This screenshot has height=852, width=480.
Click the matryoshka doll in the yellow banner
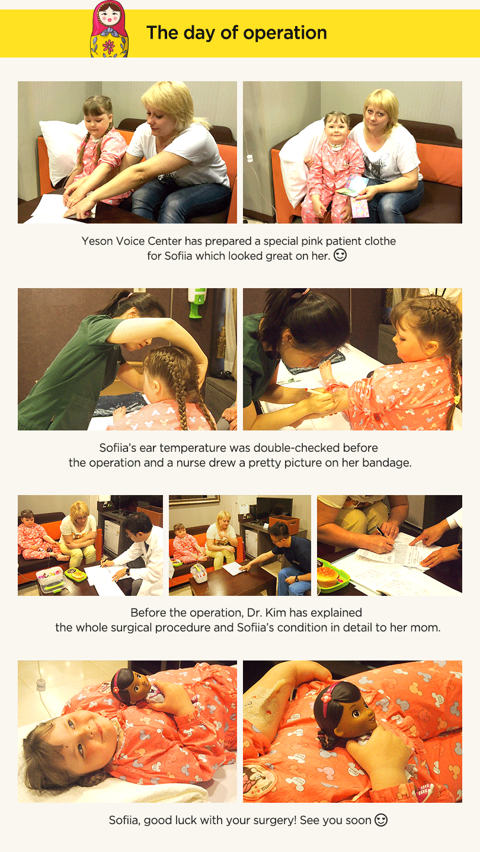point(109,29)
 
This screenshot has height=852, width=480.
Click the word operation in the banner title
point(285,33)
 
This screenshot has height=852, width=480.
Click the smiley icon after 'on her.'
point(340,255)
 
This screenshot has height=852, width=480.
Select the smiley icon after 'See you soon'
point(381,819)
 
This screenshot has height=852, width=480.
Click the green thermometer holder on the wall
point(196,302)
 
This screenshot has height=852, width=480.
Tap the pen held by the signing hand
point(381,531)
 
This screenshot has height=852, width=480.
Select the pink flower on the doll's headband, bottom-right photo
point(326,697)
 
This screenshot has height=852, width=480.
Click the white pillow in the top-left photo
point(62,150)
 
